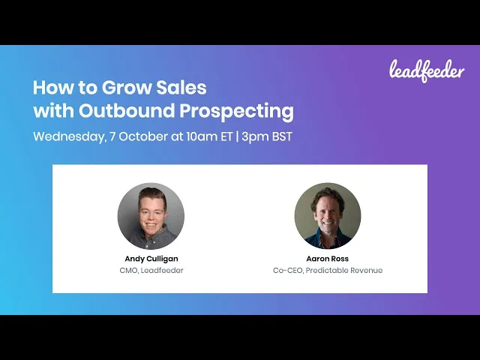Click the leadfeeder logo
click(x=427, y=71)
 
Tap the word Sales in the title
click(x=181, y=88)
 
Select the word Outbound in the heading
click(x=127, y=110)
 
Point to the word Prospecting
click(x=237, y=112)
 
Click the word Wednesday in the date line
click(x=70, y=136)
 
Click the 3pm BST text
click(x=267, y=136)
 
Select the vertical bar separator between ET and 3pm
click(x=237, y=136)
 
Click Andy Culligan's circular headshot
click(x=151, y=216)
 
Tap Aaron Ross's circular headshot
click(x=328, y=216)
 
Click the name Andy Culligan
click(x=151, y=259)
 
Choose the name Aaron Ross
click(x=327, y=259)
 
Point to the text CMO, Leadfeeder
click(x=151, y=270)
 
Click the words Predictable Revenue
click(x=344, y=270)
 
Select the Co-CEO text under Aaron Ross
click(x=288, y=271)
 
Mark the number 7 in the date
click(x=112, y=136)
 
